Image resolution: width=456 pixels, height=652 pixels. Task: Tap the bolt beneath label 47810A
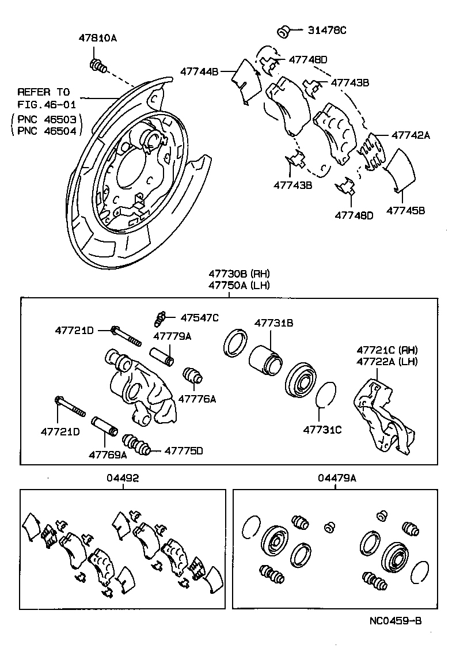pyautogui.click(x=97, y=67)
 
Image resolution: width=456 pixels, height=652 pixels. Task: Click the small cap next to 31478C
pyautogui.click(x=283, y=31)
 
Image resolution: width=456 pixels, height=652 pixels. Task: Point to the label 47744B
pyautogui.click(x=199, y=72)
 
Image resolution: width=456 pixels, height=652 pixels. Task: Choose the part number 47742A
pyautogui.click(x=411, y=135)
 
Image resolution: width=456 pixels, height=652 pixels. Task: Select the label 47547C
pyautogui.click(x=199, y=317)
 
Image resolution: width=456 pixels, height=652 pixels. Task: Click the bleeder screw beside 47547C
pyautogui.click(x=161, y=317)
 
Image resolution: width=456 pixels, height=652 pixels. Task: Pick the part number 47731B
pyautogui.click(x=274, y=324)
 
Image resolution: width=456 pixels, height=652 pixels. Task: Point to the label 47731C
pyautogui.click(x=322, y=429)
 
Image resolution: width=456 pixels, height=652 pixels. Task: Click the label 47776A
pyautogui.click(x=197, y=399)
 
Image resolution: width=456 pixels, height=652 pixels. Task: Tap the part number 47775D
pyautogui.click(x=184, y=451)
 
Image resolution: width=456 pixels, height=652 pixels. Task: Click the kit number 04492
pyautogui.click(x=123, y=477)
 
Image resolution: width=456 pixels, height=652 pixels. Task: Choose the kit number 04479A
pyautogui.click(x=337, y=477)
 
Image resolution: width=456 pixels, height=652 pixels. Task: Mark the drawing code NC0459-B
pyautogui.click(x=396, y=621)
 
